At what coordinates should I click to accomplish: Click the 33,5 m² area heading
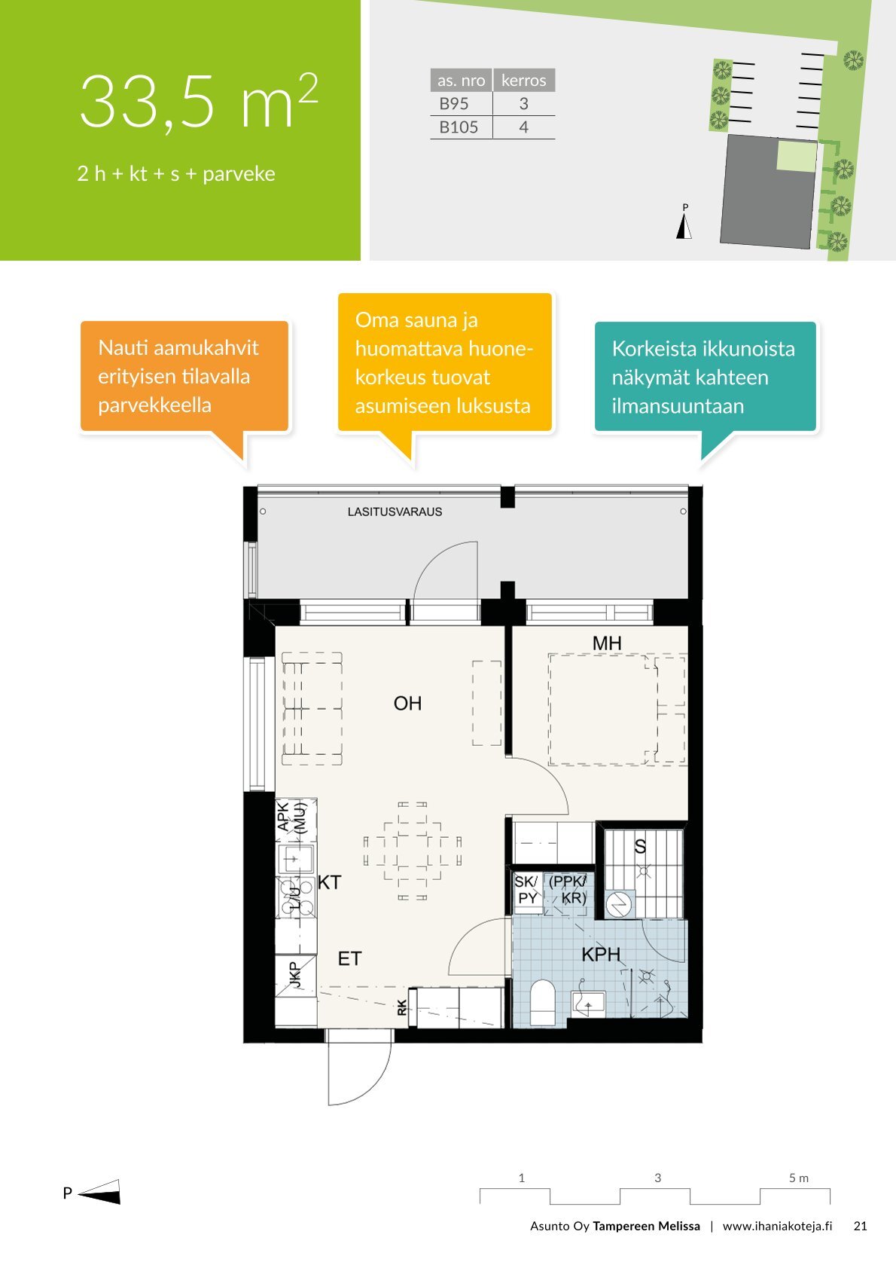click(x=199, y=102)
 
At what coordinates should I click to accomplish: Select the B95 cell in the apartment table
click(x=454, y=103)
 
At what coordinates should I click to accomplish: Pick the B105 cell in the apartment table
click(x=459, y=127)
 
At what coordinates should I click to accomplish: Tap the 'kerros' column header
click(x=524, y=81)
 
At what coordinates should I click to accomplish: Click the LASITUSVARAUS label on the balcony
click(x=395, y=512)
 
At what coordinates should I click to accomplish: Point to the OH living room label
click(x=407, y=703)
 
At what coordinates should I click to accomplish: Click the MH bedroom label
click(x=607, y=643)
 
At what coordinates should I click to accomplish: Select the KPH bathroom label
click(x=601, y=955)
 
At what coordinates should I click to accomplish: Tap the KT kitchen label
click(x=329, y=882)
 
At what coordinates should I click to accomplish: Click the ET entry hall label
click(x=349, y=958)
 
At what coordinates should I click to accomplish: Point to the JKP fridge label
click(x=294, y=974)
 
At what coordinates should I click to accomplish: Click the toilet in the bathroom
click(x=543, y=1002)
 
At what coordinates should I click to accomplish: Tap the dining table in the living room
click(x=413, y=851)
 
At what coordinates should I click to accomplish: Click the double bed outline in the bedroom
click(x=603, y=710)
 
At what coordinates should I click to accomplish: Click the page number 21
click(x=860, y=1226)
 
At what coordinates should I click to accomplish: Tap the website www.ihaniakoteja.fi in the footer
click(x=777, y=1226)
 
